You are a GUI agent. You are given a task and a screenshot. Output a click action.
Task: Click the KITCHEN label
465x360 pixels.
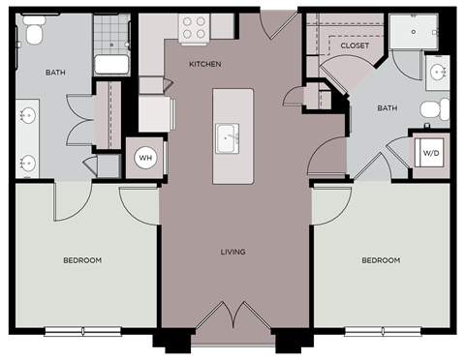click(x=204, y=65)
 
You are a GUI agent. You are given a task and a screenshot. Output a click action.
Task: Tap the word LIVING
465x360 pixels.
click(x=232, y=253)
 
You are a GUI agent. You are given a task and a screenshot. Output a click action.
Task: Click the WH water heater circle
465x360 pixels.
click(x=145, y=158)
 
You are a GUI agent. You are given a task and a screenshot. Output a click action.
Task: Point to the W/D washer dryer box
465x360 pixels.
click(x=429, y=151)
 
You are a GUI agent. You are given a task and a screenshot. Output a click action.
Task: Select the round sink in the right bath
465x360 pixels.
click(x=433, y=69)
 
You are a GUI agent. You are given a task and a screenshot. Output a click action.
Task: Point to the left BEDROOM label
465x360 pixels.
click(x=82, y=260)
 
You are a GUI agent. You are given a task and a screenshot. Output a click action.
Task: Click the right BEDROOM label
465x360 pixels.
click(x=381, y=260)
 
